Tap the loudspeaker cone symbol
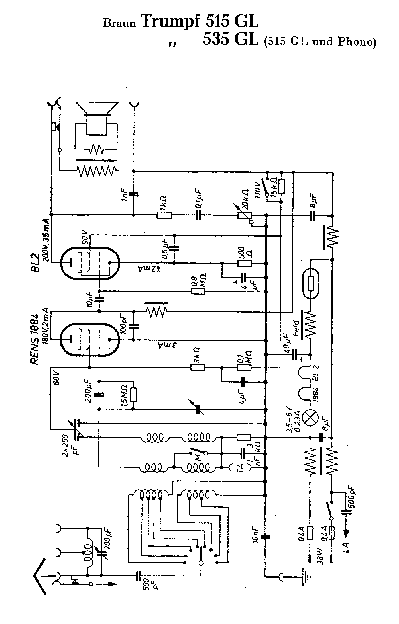click(97, 108)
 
